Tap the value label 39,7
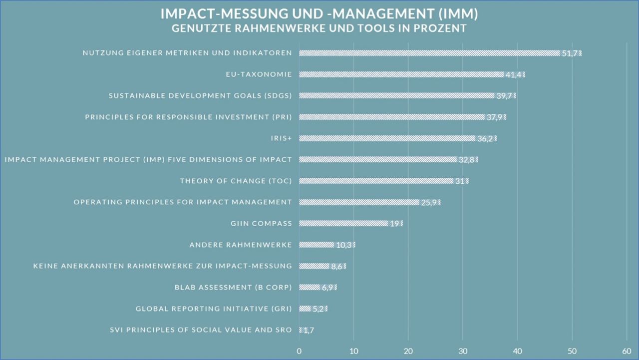coord(504,96)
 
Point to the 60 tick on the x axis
coord(627,351)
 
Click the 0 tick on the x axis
coord(299,351)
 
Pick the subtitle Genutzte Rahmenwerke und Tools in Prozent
coord(319,28)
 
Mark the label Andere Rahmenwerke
coord(241,245)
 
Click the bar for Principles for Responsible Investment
coord(392,117)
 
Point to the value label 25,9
coord(429,202)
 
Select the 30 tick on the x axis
coord(463,351)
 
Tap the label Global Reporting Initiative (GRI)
coord(214,309)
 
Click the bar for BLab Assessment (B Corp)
coord(310,287)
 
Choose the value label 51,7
coord(570,53)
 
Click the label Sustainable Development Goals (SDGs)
coord(200,96)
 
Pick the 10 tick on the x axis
coord(353,351)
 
